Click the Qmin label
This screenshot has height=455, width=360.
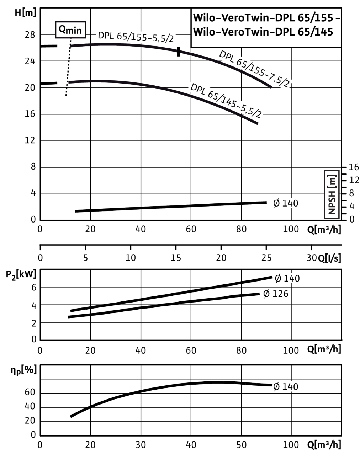70,31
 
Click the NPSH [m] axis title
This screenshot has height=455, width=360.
332,194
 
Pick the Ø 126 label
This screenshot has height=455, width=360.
275,294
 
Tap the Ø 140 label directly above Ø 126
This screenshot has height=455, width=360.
287,278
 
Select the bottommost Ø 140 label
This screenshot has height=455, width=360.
285,386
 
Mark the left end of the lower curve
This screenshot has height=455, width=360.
69,82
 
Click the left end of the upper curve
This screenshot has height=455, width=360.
72,46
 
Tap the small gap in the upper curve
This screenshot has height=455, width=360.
178,51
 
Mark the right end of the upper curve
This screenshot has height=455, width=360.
271,87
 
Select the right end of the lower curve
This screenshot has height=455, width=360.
258,124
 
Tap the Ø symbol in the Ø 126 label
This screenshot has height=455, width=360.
266,294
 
